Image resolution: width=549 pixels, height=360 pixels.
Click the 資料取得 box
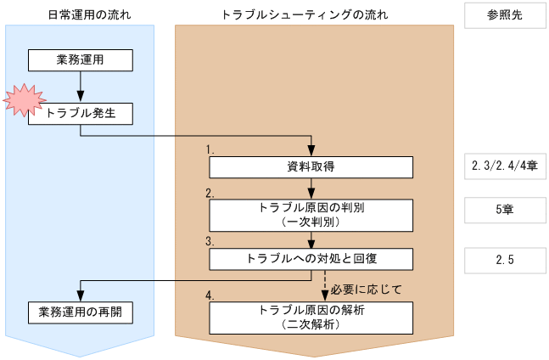pyautogui.click(x=311, y=166)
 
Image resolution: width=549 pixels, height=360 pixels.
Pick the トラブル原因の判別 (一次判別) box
pyautogui.click(x=311, y=214)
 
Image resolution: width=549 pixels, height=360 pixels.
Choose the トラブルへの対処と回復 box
pyautogui.click(x=311, y=258)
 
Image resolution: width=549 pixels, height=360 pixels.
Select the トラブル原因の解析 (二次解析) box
pyautogui.click(x=311, y=318)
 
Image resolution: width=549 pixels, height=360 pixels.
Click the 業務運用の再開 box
pyautogui.click(x=81, y=312)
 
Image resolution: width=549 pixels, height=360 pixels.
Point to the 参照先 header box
pyautogui.click(x=504, y=15)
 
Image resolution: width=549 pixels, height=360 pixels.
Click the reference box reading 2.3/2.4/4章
pyautogui.click(x=504, y=166)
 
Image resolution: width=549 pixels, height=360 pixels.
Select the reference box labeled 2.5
pyautogui.click(x=504, y=260)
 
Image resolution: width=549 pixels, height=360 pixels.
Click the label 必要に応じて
pyautogui.click(x=367, y=289)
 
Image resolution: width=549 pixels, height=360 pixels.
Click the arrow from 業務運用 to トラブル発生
pyautogui.click(x=81, y=86)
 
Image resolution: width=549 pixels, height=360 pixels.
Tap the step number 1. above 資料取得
pyautogui.click(x=210, y=149)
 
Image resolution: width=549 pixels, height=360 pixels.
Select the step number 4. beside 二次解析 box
pyautogui.click(x=210, y=295)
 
